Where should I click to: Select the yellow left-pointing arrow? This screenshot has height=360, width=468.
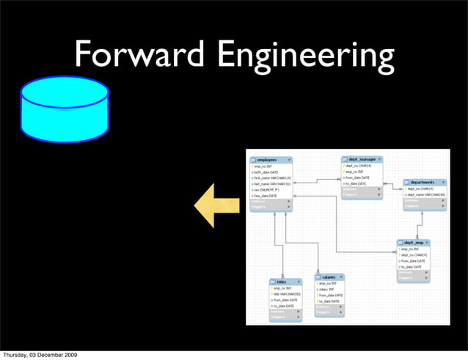click(x=217, y=206)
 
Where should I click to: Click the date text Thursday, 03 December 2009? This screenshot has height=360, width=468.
click(x=50, y=355)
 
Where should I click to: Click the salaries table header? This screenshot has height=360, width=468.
click(x=329, y=277)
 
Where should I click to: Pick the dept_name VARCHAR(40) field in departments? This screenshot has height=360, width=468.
click(x=427, y=195)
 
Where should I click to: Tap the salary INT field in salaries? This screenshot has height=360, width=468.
click(x=328, y=289)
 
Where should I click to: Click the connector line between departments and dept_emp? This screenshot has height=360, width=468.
click(x=420, y=224)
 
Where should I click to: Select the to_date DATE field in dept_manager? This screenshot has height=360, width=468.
click(x=358, y=183)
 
